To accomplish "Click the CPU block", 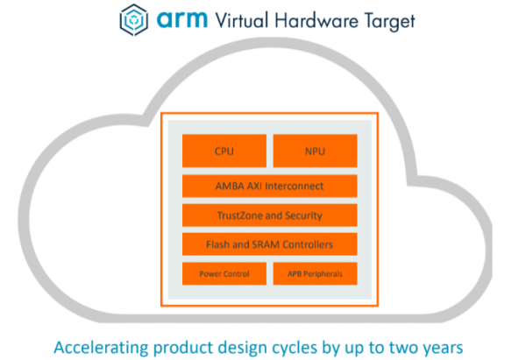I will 224,151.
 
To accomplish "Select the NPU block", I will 316,151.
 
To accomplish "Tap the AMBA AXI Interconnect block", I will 270,186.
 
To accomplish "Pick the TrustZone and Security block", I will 270,215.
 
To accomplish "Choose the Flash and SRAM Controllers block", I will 270,244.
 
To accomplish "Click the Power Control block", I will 224,273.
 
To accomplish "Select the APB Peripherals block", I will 316,273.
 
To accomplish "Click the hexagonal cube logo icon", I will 131,19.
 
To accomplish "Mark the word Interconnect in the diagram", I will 296,186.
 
